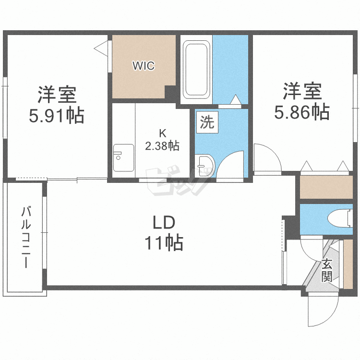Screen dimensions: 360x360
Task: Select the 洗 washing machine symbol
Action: (207, 122)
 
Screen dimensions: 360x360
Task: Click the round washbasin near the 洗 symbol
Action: (203, 164)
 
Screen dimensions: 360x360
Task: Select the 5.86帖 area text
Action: (301, 112)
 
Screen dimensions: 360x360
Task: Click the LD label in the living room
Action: (165, 223)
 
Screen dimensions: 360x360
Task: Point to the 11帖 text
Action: (165, 243)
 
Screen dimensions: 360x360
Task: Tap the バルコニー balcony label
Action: (27, 237)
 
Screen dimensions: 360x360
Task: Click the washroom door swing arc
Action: (230, 164)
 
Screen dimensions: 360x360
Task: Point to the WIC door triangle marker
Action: (100, 48)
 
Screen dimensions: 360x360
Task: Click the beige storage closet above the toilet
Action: (326, 188)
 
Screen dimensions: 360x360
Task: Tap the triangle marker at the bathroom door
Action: (235, 100)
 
